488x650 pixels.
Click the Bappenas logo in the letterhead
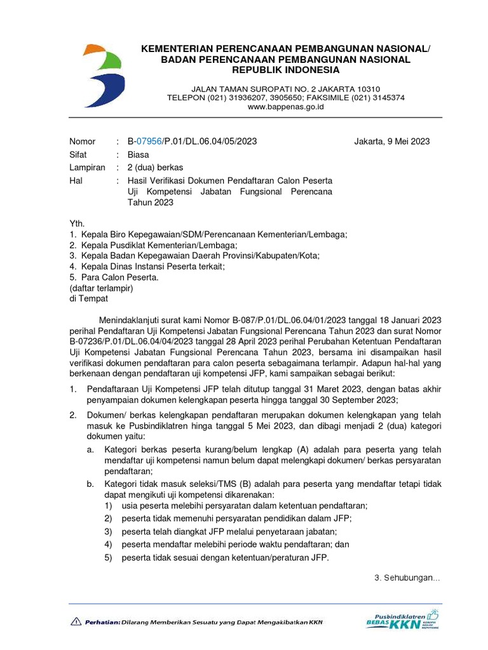[103, 76]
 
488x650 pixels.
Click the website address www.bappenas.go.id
[285, 107]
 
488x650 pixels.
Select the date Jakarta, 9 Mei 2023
[391, 142]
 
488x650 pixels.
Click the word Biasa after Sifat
[138, 155]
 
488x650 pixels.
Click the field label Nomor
[83, 142]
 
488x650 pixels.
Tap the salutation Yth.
[76, 223]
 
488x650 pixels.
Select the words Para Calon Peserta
[119, 277]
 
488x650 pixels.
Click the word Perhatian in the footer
[102, 622]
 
